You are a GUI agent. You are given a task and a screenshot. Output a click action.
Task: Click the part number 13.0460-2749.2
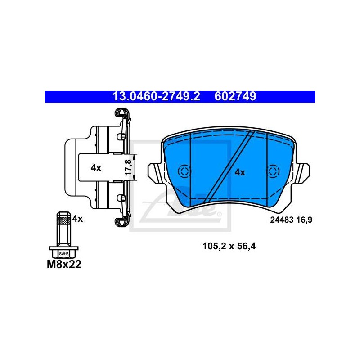coord(156,96)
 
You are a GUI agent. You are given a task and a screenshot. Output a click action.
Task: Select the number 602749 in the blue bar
coord(235,96)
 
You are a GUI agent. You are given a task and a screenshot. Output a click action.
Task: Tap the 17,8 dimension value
coord(128,167)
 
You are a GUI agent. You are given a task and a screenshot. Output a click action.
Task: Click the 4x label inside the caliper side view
coord(96,168)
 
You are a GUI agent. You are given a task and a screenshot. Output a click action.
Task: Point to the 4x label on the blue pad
coord(240,172)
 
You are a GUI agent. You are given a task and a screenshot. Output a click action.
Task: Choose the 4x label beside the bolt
coord(77,219)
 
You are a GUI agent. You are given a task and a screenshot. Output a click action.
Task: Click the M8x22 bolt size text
coord(64,265)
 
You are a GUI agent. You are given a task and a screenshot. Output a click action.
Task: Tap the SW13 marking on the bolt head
coord(63,254)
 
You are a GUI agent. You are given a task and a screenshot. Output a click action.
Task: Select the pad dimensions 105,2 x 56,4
coord(229,246)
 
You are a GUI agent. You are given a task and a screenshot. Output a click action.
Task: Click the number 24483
coord(282,220)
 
